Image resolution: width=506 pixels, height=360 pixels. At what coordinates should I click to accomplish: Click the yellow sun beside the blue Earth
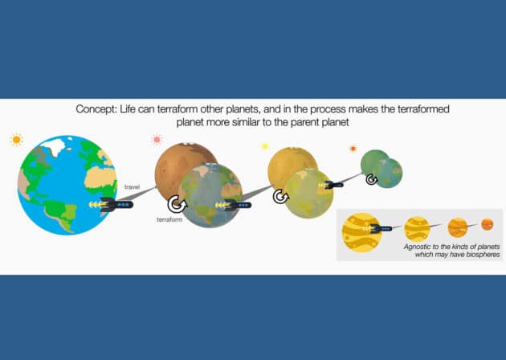(x=17, y=140)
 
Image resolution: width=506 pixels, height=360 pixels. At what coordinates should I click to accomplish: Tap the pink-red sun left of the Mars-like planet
(x=157, y=140)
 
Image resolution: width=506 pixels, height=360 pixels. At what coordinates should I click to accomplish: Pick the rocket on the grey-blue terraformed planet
(x=239, y=205)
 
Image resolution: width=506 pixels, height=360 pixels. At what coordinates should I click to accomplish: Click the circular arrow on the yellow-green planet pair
(x=280, y=196)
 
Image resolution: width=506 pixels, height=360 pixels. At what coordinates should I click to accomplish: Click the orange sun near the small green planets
(x=353, y=149)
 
